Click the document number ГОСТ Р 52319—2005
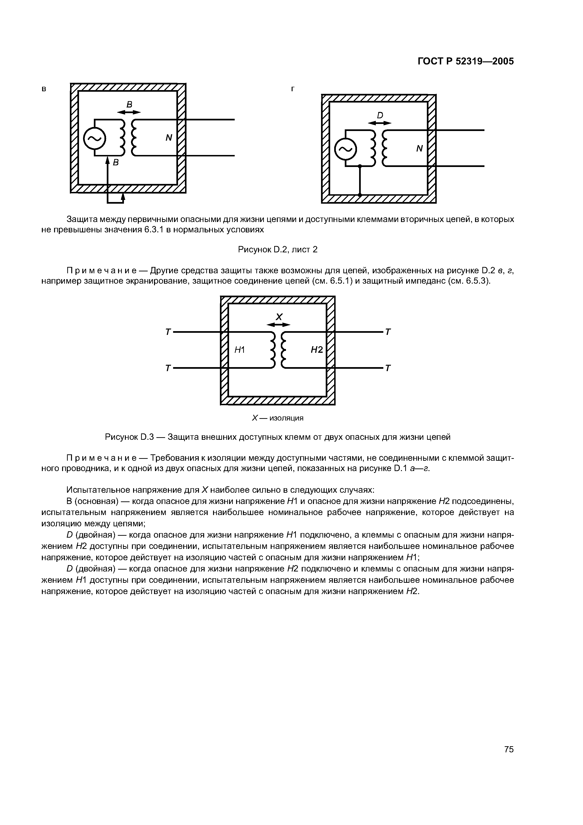point(466,61)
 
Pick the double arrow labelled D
point(380,123)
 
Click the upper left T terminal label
point(167,332)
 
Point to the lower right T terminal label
point(388,368)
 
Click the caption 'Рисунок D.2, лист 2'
point(278,249)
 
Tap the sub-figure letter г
point(293,89)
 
